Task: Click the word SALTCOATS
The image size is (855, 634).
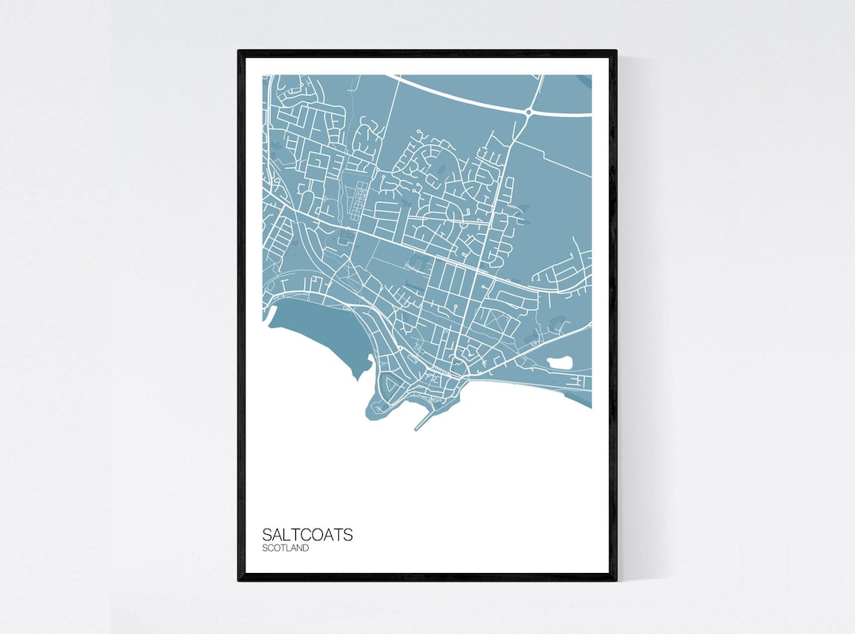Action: click(307, 535)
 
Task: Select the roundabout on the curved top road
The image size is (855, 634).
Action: click(528, 113)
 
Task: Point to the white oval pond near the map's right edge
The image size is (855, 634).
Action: click(560, 363)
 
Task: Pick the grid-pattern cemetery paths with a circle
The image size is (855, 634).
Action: click(359, 198)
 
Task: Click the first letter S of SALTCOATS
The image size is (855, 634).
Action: click(267, 535)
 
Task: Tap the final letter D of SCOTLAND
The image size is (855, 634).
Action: click(306, 548)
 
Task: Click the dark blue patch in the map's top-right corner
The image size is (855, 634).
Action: click(585, 80)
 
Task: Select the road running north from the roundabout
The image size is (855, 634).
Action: click(536, 91)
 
